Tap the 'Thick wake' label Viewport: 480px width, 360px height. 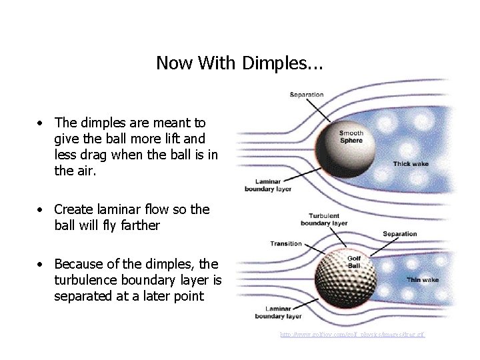(x=411, y=163)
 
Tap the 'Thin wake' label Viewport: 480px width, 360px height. (x=423, y=279)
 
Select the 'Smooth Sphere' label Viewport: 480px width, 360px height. (x=351, y=137)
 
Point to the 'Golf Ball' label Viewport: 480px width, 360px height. (x=354, y=262)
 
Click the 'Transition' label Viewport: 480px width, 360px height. (x=286, y=243)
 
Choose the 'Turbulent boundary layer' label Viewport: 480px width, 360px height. (x=324, y=220)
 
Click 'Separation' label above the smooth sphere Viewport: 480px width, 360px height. (x=307, y=95)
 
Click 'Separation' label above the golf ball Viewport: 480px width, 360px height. (x=400, y=234)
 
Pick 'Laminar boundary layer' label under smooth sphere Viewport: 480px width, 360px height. (x=268, y=185)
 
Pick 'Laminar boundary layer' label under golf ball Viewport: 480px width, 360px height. (x=279, y=313)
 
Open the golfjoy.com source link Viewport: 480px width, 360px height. (x=352, y=334)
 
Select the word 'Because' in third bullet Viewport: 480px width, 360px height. (x=81, y=263)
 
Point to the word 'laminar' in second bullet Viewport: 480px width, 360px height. (x=115, y=209)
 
